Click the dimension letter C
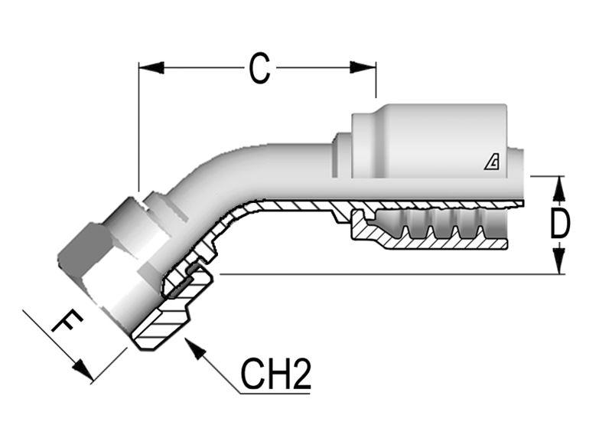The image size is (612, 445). [260, 68]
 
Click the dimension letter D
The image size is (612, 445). [560, 224]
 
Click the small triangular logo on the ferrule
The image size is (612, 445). [493, 162]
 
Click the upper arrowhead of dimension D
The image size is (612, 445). [559, 187]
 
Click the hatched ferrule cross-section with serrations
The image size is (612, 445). [428, 230]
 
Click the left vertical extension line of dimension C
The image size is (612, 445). [138, 130]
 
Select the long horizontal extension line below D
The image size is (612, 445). [382, 273]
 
